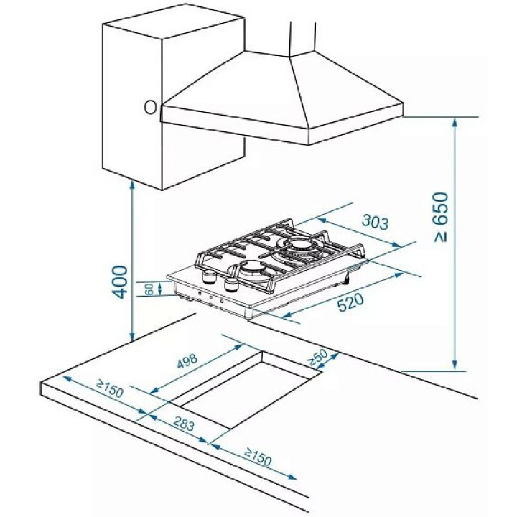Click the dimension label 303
376,222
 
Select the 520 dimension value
350,302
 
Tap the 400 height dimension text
119,282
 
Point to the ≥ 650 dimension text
441,217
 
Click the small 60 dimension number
149,289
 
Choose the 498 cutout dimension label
187,361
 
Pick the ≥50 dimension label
318,358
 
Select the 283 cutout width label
184,424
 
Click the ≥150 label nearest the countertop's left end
110,388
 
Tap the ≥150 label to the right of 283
258,457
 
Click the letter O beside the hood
150,107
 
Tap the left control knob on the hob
208,276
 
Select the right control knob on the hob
230,284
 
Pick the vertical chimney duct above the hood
303,38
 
